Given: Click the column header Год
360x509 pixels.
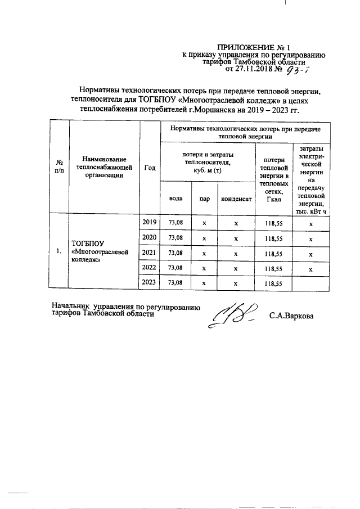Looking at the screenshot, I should [150, 167].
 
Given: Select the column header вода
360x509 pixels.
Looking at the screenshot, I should [175, 199].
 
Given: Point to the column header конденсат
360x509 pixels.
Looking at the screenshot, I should [236, 199].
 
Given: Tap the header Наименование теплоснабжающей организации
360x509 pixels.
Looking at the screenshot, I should [104, 167].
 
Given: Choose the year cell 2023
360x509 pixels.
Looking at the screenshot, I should [150, 282].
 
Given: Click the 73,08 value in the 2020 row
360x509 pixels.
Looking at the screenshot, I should [175, 238].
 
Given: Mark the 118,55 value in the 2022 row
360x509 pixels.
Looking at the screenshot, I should [273, 268].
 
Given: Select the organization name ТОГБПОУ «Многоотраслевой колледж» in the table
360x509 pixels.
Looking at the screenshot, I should [101, 252].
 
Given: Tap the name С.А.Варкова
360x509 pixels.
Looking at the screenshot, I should [291, 317].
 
